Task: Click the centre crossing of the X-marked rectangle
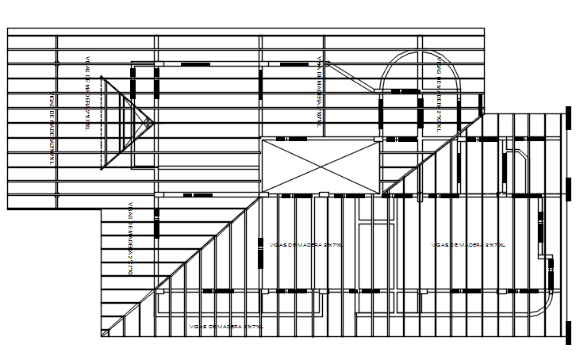pyautogui.click(x=321, y=166)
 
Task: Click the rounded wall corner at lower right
pyautogui.click(x=546, y=308)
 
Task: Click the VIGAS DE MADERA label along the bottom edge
pyautogui.click(x=226, y=326)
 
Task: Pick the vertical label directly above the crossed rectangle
pyautogui.click(x=318, y=90)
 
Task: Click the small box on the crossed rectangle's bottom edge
pyautogui.click(x=323, y=194)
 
